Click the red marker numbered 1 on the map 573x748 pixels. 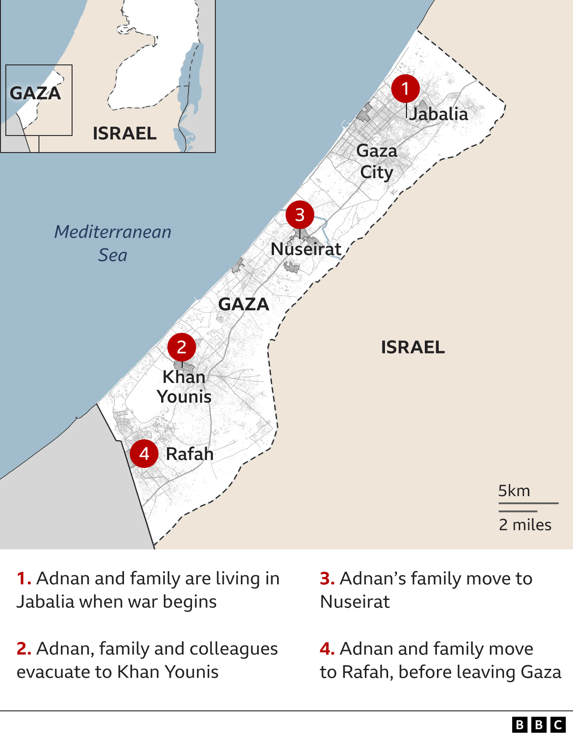tap(405, 89)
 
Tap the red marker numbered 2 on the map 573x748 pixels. tap(181, 347)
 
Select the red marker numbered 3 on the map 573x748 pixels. tap(299, 215)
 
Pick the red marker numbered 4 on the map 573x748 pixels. tap(144, 454)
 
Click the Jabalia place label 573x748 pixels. tap(439, 114)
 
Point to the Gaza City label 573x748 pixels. tap(376, 161)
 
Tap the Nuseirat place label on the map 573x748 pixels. tap(306, 249)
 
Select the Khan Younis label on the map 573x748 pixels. tap(184, 387)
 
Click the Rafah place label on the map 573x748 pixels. tap(190, 454)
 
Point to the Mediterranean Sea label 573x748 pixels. tap(113, 243)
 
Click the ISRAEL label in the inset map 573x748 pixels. tap(124, 133)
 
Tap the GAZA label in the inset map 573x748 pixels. tap(35, 93)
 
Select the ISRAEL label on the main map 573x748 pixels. tap(413, 347)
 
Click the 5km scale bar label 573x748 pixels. tap(514, 491)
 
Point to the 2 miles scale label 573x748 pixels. tap(525, 525)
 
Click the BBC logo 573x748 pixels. tap(539, 725)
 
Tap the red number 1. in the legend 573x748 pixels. tap(24, 578)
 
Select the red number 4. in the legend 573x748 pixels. tap(327, 649)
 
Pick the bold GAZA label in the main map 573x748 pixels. tap(244, 304)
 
